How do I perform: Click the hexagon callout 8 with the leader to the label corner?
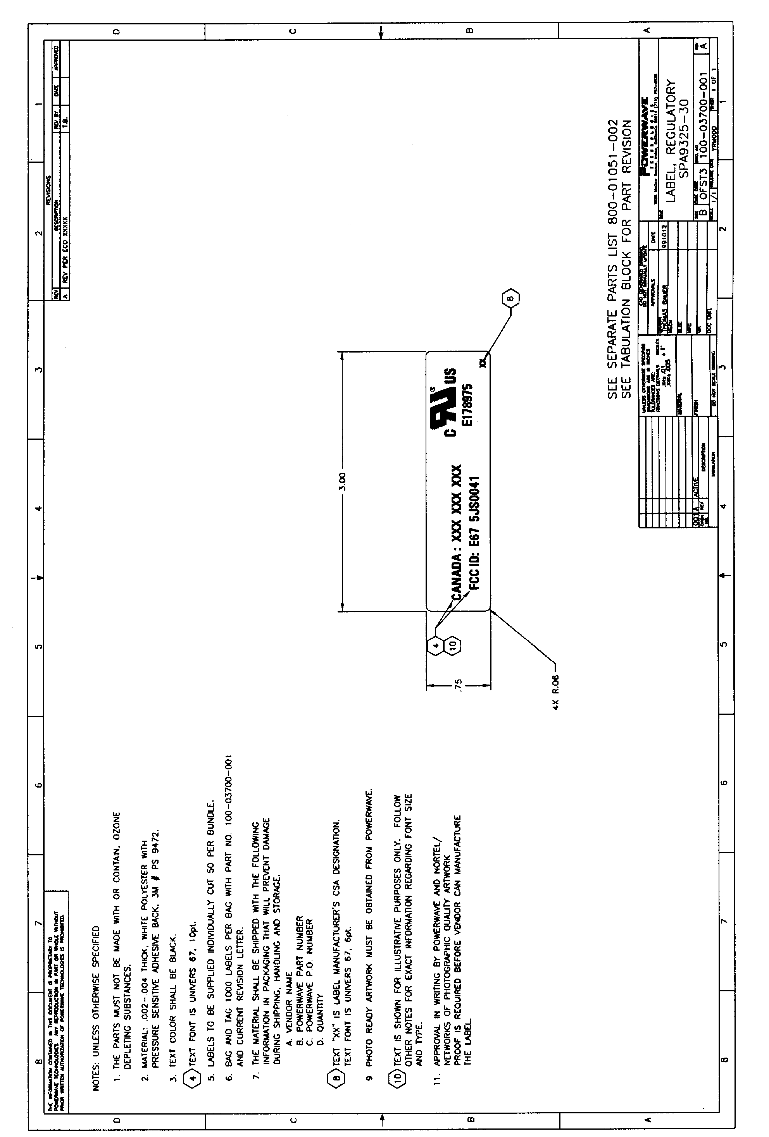coord(510,298)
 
